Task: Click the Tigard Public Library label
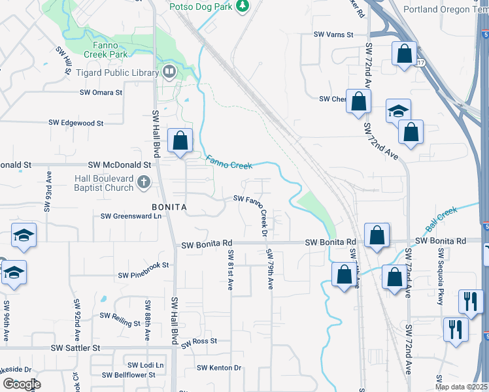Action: [x=117, y=73]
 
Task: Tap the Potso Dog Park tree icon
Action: [x=244, y=6]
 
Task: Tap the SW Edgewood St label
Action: [x=76, y=123]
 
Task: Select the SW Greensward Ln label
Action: [x=131, y=216]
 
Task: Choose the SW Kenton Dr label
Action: [x=220, y=368]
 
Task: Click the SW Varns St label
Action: [x=333, y=35]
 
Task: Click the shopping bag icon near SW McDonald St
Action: [x=180, y=140]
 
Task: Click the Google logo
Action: [x=22, y=384]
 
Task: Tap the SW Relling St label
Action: [x=120, y=319]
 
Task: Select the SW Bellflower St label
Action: [x=129, y=375]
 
